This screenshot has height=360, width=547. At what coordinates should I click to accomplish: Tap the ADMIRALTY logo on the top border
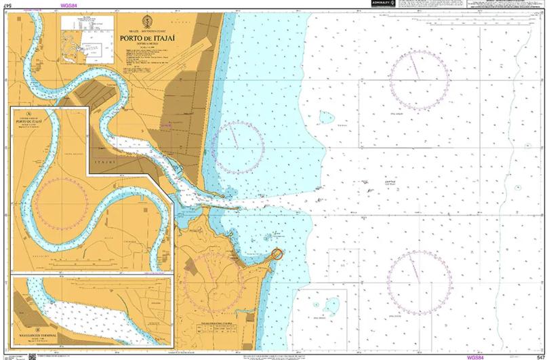tap(374, 4)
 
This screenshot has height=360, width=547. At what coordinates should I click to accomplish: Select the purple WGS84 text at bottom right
tap(477, 357)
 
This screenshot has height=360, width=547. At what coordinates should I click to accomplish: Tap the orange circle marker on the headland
tap(277, 254)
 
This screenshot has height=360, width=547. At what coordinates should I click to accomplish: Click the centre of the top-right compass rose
tap(418, 78)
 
